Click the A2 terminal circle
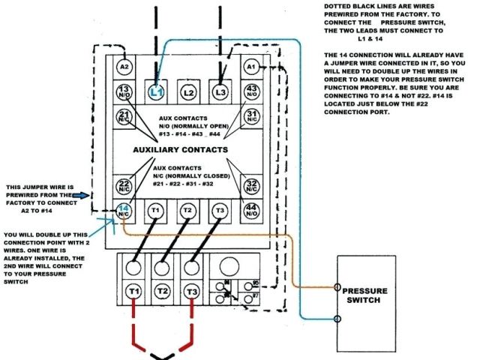pyautogui.click(x=124, y=67)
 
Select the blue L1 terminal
pyautogui.click(x=156, y=92)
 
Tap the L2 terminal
pyautogui.click(x=188, y=92)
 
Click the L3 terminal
pyautogui.click(x=220, y=92)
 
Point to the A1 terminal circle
pyautogui.click(x=251, y=67)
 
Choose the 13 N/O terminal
pyautogui.click(x=124, y=91)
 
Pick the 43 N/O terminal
pyautogui.click(x=251, y=91)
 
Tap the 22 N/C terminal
pyautogui.click(x=124, y=185)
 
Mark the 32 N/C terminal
pyautogui.click(x=251, y=185)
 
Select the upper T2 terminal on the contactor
pyautogui.click(x=187, y=212)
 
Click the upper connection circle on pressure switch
pyautogui.click(x=338, y=287)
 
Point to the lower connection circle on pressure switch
pyautogui.click(x=338, y=319)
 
